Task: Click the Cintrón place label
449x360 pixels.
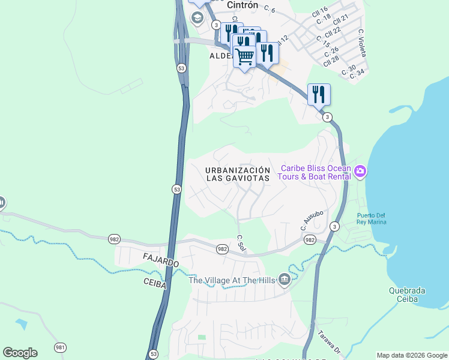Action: pos(243,5)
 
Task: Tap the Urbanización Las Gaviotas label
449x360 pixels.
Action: pos(237,174)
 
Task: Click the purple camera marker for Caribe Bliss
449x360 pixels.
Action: pos(360,172)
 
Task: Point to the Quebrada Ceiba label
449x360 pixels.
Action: pos(406,295)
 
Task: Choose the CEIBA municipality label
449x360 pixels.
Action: pos(154,283)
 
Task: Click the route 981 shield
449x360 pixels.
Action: pos(60,347)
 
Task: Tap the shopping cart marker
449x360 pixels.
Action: pos(244,57)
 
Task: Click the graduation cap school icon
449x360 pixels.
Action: pos(196,18)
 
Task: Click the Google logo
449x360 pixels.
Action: pos(20,352)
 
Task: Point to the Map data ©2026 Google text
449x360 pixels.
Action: pos(411,355)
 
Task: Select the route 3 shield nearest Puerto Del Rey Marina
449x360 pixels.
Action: pos(334,226)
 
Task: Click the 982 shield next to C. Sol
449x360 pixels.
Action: pos(222,249)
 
